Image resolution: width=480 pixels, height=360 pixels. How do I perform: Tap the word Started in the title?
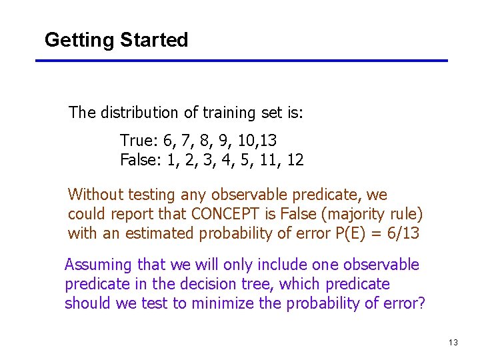pyautogui.click(x=154, y=40)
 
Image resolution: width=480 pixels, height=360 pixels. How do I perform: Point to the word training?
pyautogui.click(x=213, y=113)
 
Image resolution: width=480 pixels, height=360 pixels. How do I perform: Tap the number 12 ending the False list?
pyautogui.click(x=295, y=160)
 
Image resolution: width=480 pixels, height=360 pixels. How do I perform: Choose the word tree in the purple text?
pyautogui.click(x=261, y=284)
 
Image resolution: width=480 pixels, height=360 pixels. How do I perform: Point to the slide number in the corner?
pyautogui.click(x=453, y=343)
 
